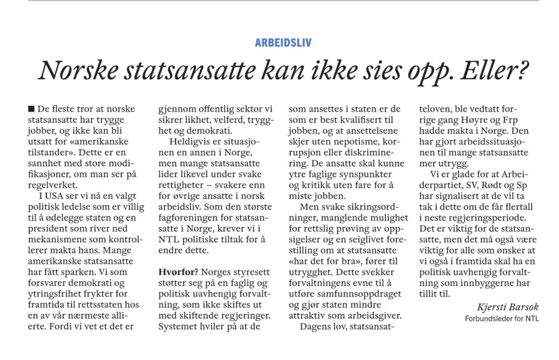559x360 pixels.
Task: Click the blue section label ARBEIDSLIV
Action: pos(283,43)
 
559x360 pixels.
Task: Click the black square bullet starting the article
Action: pos(31,109)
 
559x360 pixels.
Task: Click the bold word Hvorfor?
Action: pos(178,272)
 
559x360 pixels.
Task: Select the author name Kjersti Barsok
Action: pos(507,307)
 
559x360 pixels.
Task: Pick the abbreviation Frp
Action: pos(510,120)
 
